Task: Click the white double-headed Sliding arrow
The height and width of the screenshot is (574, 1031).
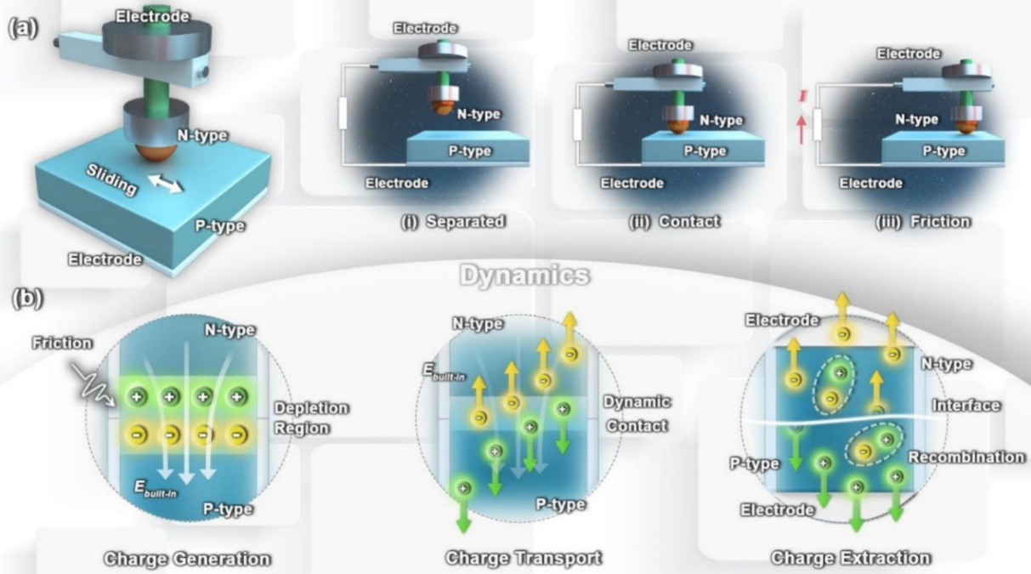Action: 164,182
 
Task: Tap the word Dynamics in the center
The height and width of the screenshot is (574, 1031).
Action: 524,275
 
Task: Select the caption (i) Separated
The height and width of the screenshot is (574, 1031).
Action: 453,222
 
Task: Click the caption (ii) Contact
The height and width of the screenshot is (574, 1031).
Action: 674,221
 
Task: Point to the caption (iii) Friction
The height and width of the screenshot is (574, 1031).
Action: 923,221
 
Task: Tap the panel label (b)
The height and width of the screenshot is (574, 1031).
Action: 26,299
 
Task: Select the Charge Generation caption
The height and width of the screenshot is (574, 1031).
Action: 187,559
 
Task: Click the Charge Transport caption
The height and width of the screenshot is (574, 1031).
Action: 524,558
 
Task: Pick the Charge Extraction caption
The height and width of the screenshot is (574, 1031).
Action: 851,558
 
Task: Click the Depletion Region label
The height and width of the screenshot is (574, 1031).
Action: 311,418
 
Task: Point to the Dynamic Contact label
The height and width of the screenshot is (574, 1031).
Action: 636,413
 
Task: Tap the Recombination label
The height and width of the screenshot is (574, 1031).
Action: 966,457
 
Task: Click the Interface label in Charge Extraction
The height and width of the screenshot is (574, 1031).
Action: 966,406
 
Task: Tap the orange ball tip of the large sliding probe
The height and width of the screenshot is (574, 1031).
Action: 157,153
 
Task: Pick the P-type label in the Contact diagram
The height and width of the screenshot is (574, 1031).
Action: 705,151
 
